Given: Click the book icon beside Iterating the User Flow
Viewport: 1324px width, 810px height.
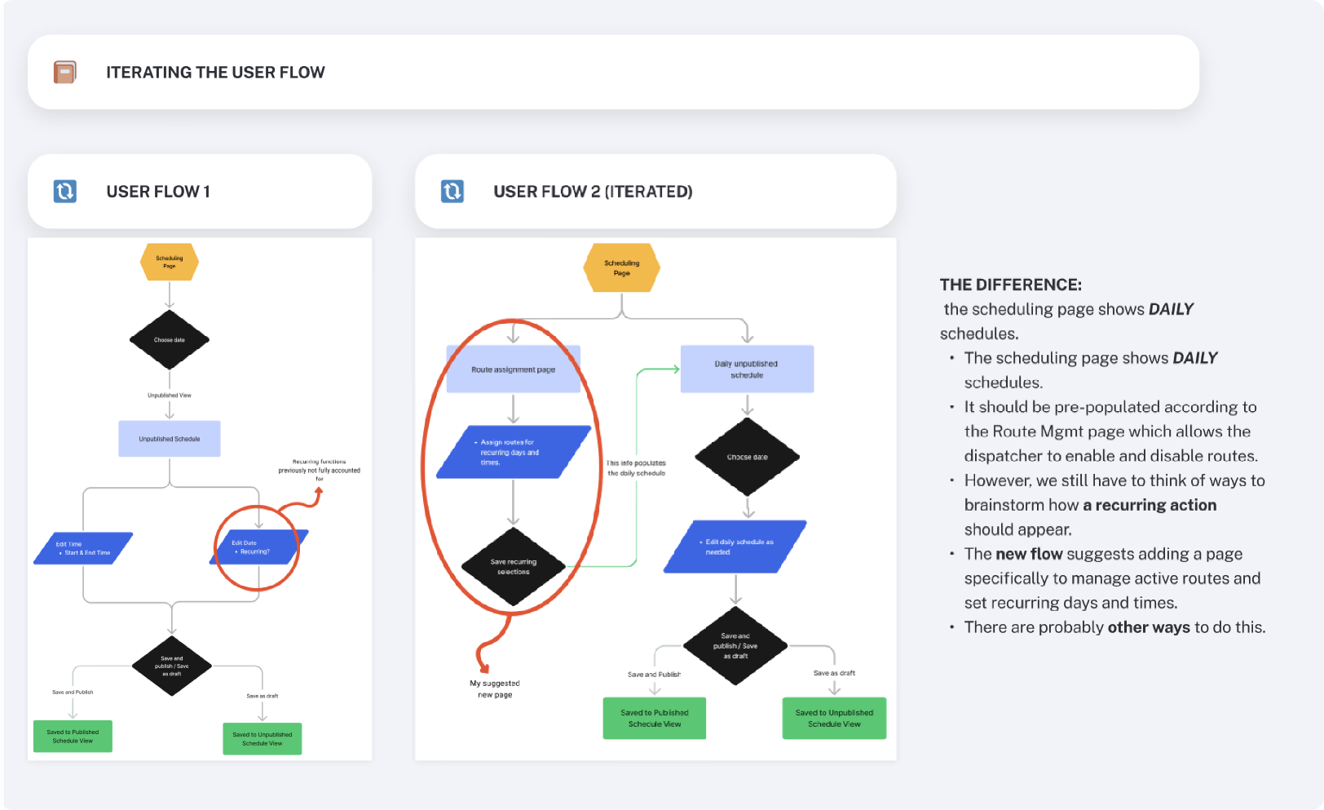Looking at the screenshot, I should point(65,73).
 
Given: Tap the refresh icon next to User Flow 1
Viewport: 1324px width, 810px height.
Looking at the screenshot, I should point(65,192).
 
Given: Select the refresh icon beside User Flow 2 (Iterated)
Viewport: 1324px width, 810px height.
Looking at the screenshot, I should point(452,192).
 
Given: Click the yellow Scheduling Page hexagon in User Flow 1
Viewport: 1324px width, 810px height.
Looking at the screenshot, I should point(170,263).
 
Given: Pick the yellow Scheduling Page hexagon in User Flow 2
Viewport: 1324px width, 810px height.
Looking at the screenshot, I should point(622,268).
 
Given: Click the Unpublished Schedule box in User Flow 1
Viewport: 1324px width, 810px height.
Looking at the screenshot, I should point(170,439).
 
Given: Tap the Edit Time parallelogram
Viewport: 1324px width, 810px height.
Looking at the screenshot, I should point(83,548).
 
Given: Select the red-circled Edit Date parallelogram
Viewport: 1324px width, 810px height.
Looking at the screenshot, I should point(258,547).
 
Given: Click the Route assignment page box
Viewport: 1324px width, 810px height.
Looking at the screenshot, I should point(514,370).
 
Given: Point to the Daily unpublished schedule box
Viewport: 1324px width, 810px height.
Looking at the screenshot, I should point(747,370).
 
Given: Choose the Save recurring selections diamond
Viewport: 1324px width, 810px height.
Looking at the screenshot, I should point(514,567).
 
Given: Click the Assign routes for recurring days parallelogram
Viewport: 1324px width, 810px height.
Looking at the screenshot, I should point(514,452).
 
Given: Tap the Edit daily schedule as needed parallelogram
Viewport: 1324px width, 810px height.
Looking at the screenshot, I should point(735,547).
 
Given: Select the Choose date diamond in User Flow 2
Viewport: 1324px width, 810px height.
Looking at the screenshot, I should point(748,457).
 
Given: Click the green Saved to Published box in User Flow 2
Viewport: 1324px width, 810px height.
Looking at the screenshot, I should point(655,718).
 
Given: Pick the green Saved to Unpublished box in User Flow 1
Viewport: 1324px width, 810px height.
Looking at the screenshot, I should point(263,738).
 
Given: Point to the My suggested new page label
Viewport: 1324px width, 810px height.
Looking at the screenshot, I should point(495,689).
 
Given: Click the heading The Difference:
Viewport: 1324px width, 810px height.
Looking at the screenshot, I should point(1011,285).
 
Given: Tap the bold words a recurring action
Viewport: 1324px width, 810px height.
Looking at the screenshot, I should point(1150,505).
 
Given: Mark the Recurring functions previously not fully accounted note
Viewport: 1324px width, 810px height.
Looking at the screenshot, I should point(320,470).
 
